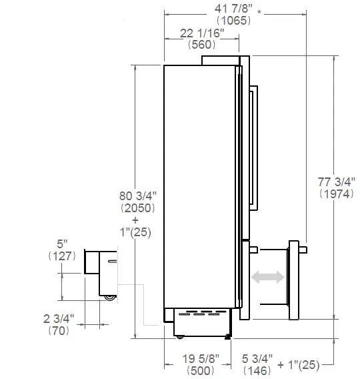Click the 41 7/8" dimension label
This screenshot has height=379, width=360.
click(231, 7)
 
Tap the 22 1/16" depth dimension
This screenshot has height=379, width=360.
click(202, 33)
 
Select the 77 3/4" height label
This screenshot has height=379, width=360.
click(334, 181)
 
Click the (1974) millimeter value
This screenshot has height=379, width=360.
click(334, 194)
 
